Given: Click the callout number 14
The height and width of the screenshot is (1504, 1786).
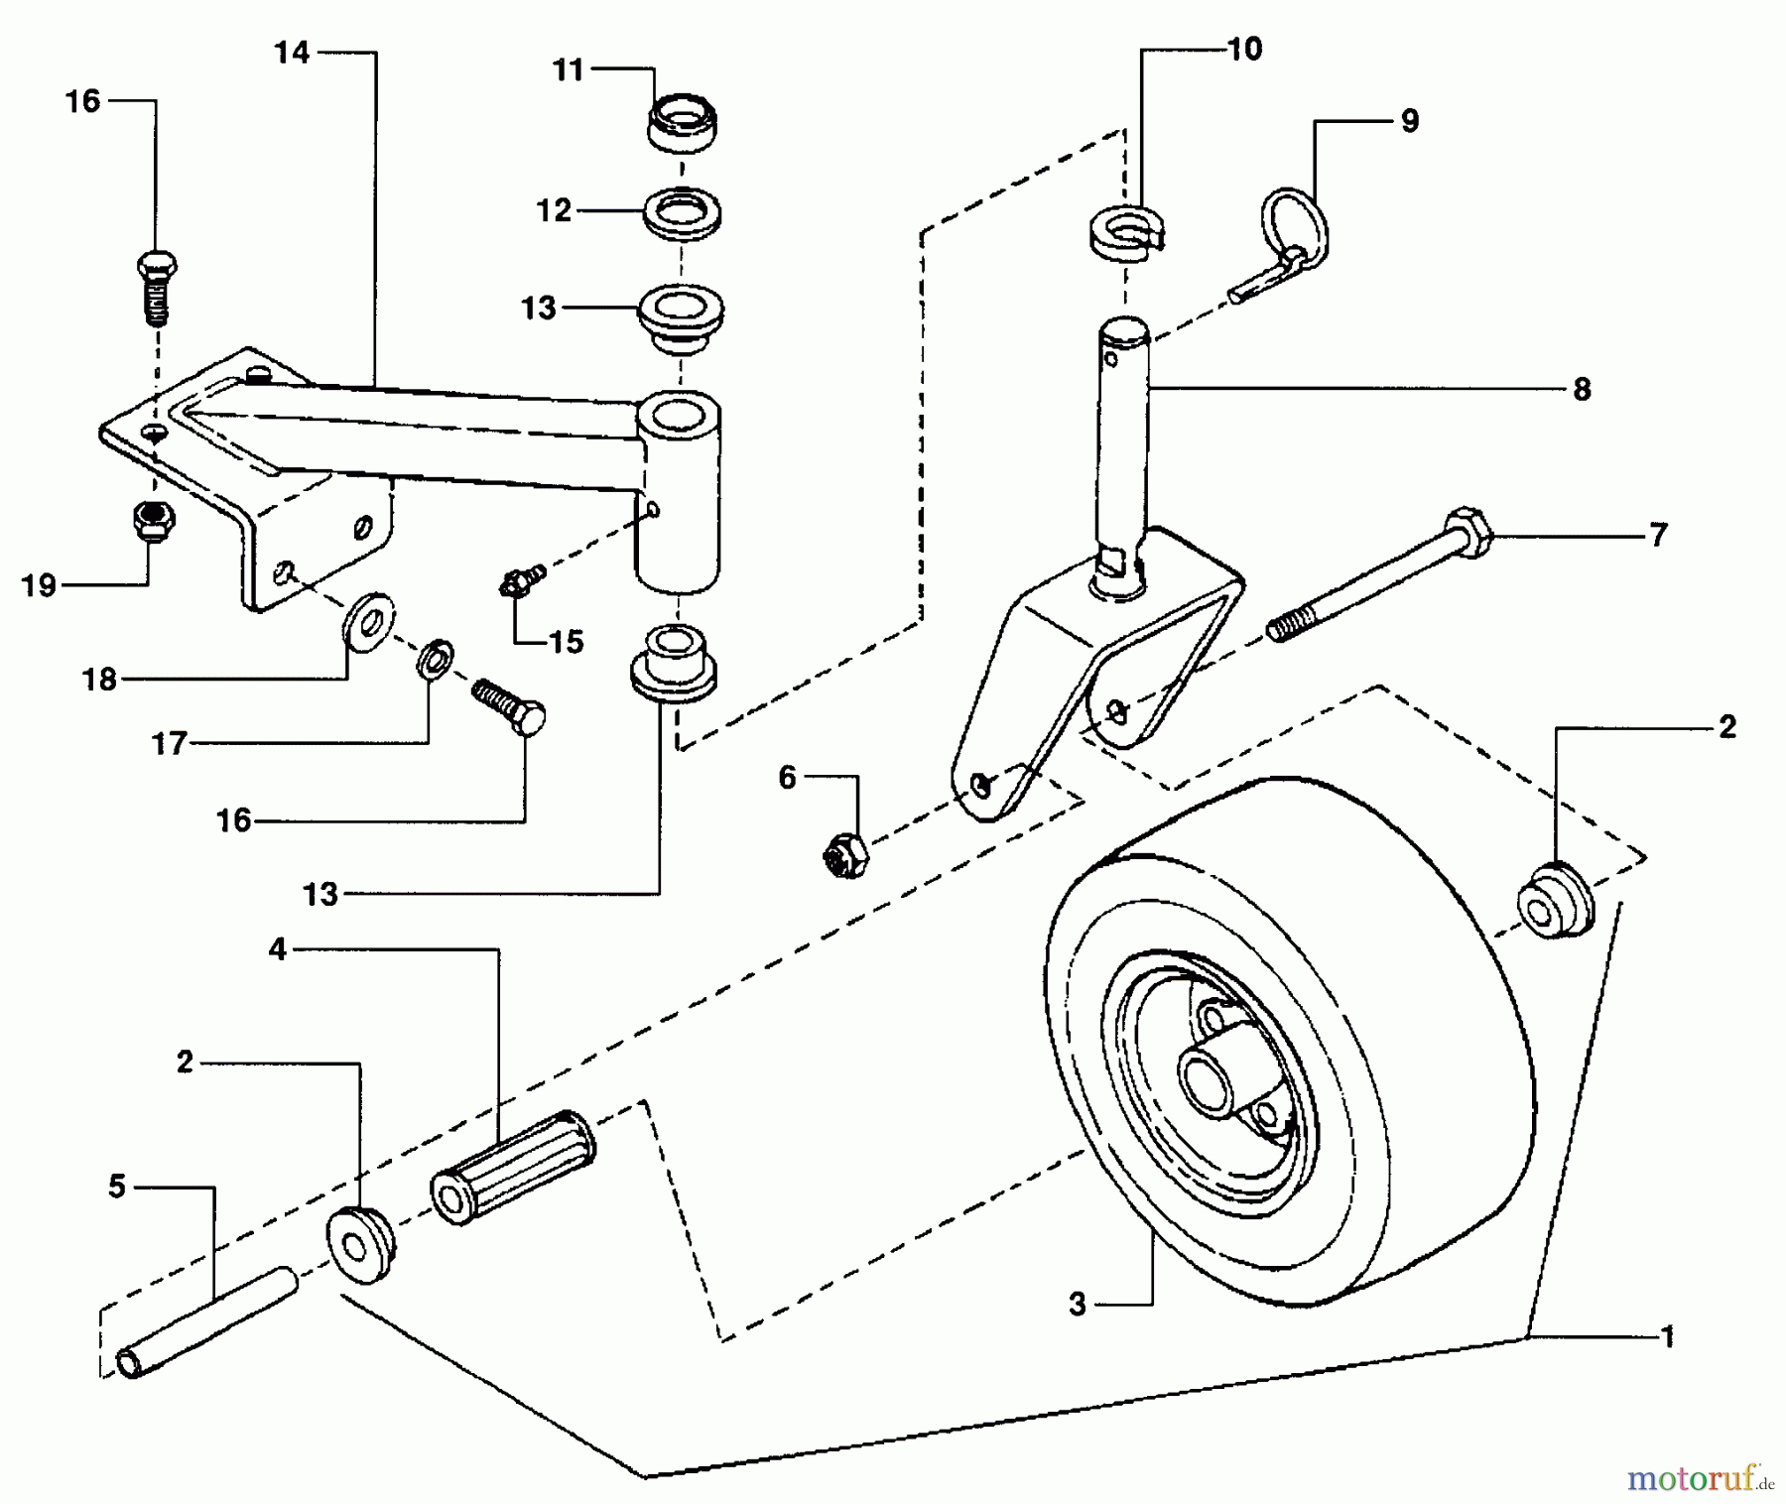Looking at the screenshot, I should click(292, 53).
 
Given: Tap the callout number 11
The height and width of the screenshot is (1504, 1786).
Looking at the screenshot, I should click(568, 70).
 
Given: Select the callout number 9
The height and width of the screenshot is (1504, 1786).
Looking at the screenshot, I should click(1409, 121).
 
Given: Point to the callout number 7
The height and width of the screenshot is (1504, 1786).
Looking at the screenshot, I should click(1657, 536).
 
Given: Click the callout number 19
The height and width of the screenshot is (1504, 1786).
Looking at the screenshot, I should click(39, 586).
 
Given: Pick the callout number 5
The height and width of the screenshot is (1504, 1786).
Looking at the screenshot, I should click(117, 1187).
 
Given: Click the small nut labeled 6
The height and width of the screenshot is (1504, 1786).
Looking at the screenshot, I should click(845, 853).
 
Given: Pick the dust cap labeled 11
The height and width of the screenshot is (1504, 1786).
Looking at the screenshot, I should click(682, 122).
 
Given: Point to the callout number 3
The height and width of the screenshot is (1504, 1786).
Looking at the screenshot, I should click(1079, 1305).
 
